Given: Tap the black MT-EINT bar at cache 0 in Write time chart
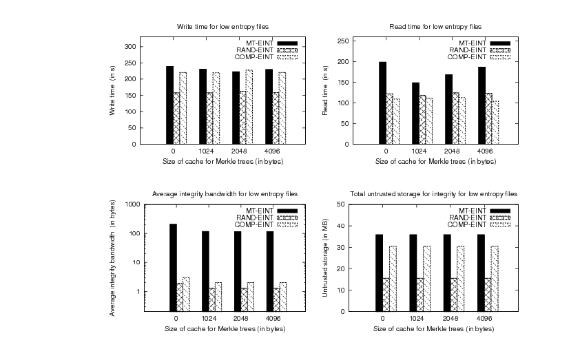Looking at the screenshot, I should tap(169, 105).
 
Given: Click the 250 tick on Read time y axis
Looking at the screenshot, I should tap(342, 41).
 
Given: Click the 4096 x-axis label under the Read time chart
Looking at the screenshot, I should tap(484, 151).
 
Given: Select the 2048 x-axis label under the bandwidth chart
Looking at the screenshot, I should tap(242, 319).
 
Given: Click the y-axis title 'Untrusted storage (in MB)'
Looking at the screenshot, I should tap(325, 258).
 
